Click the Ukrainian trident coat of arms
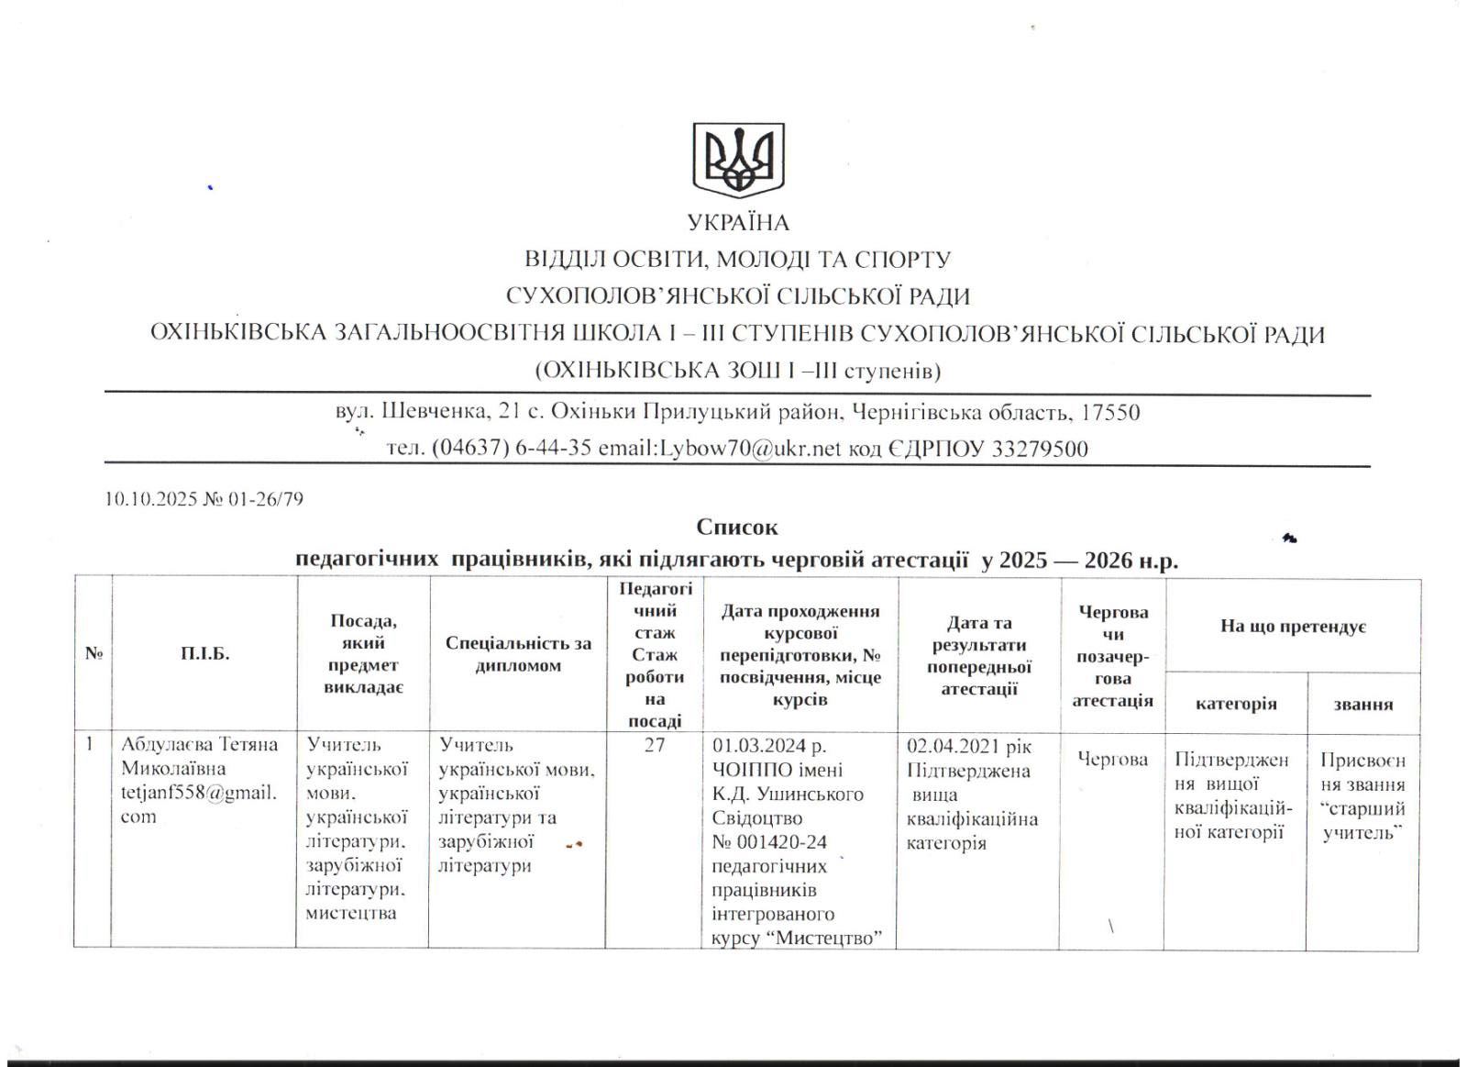(x=737, y=161)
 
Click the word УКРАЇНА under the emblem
(x=738, y=223)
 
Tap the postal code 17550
(x=1110, y=413)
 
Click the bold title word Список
(x=736, y=528)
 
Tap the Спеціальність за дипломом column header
(x=518, y=654)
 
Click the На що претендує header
(x=1293, y=627)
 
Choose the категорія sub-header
(x=1236, y=704)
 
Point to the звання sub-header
(x=1363, y=705)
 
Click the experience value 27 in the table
(x=654, y=745)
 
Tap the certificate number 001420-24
(x=782, y=842)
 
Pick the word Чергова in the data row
(x=1112, y=760)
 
